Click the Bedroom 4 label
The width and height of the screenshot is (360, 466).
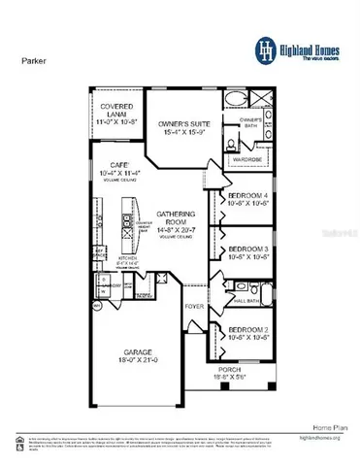(x=247, y=198)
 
